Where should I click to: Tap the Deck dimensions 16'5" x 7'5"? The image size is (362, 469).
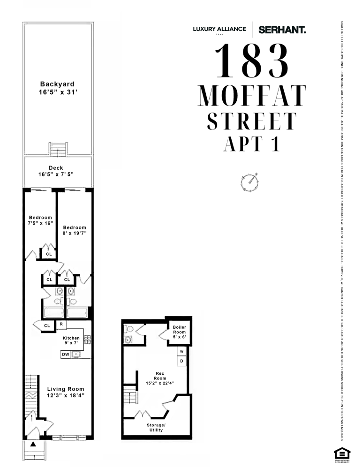pyautogui.click(x=56, y=174)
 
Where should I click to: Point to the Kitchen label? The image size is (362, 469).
pyautogui.click(x=71, y=338)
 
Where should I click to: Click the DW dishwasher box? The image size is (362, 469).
pyautogui.click(x=66, y=355)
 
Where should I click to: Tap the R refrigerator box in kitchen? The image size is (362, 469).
pyautogui.click(x=61, y=324)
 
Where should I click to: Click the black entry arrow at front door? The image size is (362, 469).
pyautogui.click(x=33, y=444)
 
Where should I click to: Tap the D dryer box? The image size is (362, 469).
pyautogui.click(x=181, y=361)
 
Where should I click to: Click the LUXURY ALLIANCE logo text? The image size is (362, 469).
pyautogui.click(x=219, y=29)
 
